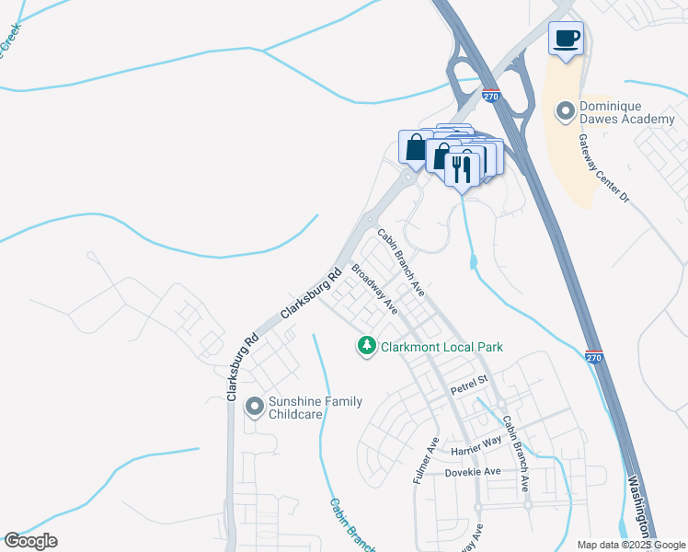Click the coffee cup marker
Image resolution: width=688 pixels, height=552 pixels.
pos(567,39)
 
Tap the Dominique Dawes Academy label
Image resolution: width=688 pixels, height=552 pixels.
pos(627,112)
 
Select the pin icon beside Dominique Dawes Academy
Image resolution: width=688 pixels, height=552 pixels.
pos(566,112)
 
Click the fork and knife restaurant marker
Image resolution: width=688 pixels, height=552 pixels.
pos(463,168)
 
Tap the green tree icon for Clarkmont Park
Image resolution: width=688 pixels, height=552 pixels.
pos(367,346)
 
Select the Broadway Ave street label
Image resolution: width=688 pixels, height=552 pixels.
pos(374,290)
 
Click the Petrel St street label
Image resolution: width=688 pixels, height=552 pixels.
pos(468,391)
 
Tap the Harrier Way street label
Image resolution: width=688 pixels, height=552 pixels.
pos(476,448)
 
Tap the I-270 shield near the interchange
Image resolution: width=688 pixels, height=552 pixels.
pos(491,96)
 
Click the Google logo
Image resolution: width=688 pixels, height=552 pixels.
pos(29,541)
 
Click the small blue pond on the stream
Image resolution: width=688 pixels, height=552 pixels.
pos(473,263)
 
